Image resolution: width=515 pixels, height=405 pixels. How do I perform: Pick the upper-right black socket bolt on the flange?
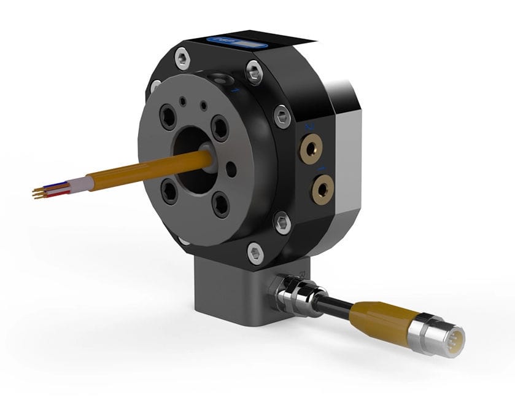pyautogui.click(x=219, y=128)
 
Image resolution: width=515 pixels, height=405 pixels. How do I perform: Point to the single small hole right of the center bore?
pyautogui.click(x=230, y=166)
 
